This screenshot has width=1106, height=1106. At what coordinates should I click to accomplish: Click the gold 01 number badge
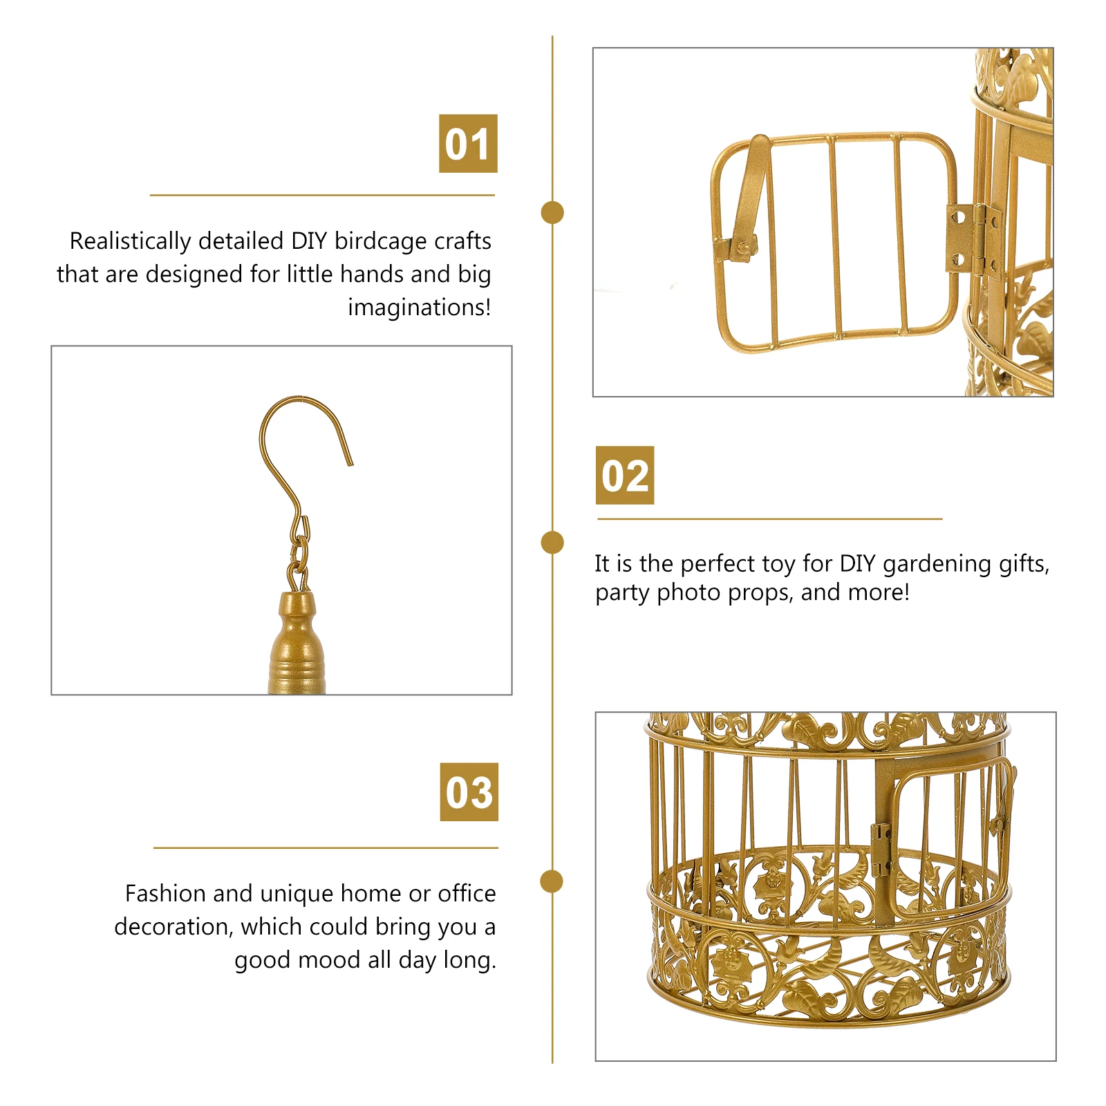pyautogui.click(x=468, y=144)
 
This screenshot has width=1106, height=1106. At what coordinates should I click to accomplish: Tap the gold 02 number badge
pyautogui.click(x=625, y=476)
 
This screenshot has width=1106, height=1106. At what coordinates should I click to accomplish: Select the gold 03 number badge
pyautogui.click(x=469, y=792)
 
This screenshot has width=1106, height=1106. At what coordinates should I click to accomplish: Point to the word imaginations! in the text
pyautogui.click(x=419, y=308)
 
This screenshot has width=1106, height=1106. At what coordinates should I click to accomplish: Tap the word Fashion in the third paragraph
pyautogui.click(x=166, y=894)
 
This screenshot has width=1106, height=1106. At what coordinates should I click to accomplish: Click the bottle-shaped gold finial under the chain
pyautogui.click(x=296, y=643)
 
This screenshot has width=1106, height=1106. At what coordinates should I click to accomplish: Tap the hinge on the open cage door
pyautogui.click(x=973, y=238)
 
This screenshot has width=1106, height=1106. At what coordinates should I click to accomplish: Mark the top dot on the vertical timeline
pyautogui.click(x=552, y=213)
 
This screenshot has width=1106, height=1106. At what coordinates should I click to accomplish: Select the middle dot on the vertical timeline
pyautogui.click(x=552, y=543)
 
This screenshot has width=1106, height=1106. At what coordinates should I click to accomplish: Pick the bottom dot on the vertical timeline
pyautogui.click(x=552, y=881)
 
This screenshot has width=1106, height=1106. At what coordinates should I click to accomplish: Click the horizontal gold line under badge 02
pyautogui.click(x=769, y=518)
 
